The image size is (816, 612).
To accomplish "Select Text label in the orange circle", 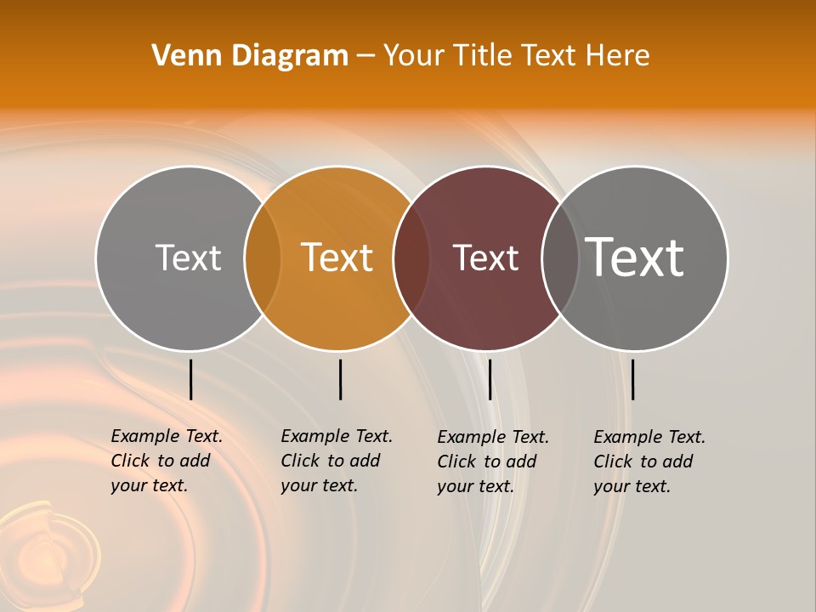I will (337, 258).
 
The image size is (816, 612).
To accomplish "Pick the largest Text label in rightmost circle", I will (635, 257).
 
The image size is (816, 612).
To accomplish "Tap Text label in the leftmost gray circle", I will (188, 258).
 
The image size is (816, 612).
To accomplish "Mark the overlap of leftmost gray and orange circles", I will (263, 258).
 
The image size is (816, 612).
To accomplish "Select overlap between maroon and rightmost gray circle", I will (560, 258).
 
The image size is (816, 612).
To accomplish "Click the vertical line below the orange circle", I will (340, 379).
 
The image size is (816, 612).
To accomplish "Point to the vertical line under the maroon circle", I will (490, 379).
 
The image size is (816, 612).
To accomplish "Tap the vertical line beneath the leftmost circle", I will (190, 379).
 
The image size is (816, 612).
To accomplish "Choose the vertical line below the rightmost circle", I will (632, 379).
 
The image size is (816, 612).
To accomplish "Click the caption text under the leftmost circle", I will (166, 461).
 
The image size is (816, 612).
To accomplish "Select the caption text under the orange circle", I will (336, 461).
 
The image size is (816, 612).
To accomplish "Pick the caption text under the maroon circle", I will (492, 462).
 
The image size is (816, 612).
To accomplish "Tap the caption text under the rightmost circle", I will (649, 462).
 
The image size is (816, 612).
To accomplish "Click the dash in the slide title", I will (365, 57).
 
